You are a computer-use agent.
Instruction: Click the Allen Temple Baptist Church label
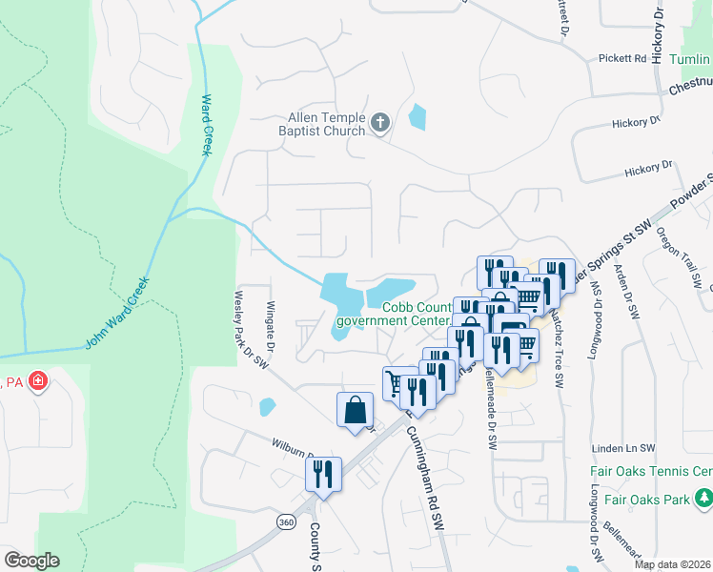click(321, 125)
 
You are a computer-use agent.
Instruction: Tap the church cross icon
click(379, 123)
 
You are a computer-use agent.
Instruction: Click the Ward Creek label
click(206, 124)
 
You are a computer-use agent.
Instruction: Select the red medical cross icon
click(38, 382)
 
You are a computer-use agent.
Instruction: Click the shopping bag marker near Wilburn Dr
click(355, 411)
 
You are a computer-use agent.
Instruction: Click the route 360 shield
click(285, 521)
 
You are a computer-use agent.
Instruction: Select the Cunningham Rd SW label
click(426, 478)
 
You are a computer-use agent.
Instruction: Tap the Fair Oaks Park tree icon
click(704, 498)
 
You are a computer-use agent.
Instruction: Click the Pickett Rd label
click(622, 58)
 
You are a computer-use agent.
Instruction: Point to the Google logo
click(31, 561)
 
